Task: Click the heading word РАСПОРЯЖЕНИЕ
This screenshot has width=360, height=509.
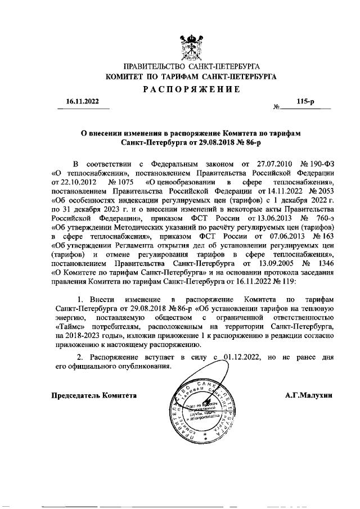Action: pos(191,89)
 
